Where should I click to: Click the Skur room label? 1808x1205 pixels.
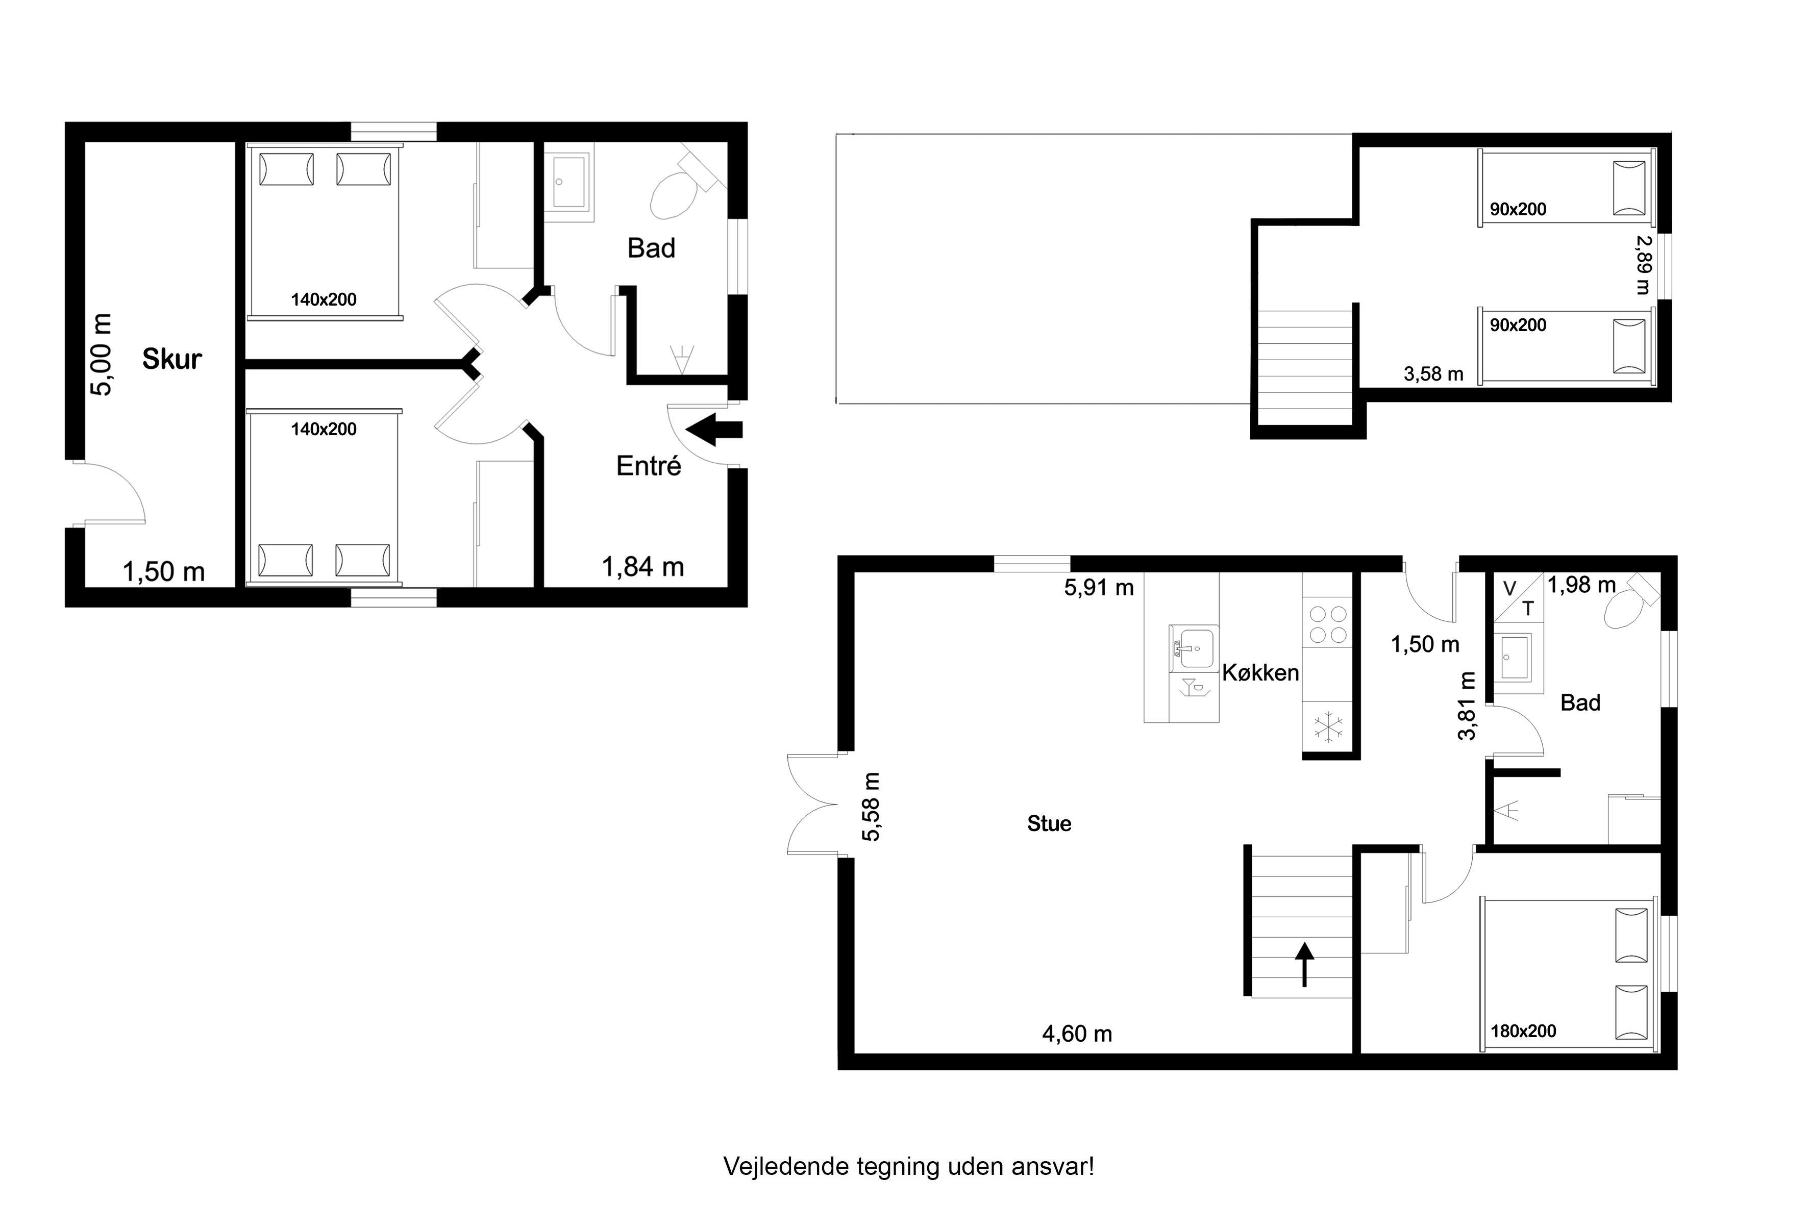point(171,359)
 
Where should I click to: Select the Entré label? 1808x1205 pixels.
point(649,466)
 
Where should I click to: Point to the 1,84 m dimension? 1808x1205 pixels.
point(642,567)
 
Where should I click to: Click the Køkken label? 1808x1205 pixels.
point(1260,672)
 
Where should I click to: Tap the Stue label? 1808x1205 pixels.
point(1049,824)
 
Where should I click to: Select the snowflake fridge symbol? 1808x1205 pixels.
point(1328,727)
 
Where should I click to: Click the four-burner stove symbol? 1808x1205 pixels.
point(1328,624)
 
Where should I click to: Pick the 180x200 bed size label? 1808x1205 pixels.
point(1524,1032)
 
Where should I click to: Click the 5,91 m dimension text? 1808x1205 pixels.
point(1099,588)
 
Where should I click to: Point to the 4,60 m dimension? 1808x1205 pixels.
point(1077,1034)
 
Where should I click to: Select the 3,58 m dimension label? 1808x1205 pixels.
point(1433,374)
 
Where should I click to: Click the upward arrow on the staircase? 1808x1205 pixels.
point(1304,965)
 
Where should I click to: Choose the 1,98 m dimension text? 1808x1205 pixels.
point(1581,586)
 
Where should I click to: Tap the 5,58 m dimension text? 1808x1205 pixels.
point(871,807)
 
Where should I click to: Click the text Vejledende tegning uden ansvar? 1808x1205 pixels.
point(909,1167)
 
